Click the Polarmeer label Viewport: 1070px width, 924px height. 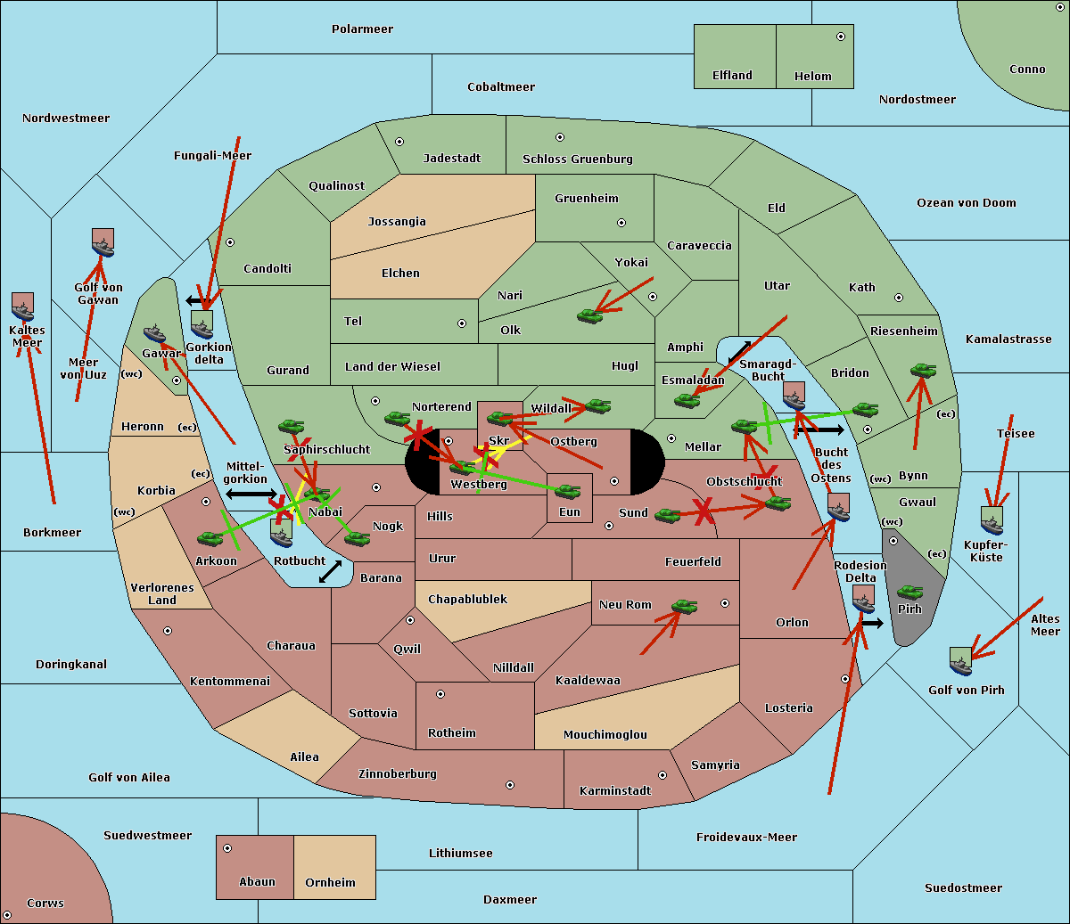[x=362, y=29]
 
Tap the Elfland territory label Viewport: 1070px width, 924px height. [x=732, y=76]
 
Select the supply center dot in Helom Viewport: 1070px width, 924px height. [x=840, y=37]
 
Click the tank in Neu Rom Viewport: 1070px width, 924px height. [x=684, y=607]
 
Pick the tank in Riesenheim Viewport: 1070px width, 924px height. [x=923, y=370]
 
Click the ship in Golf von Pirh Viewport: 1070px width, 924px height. [x=960, y=661]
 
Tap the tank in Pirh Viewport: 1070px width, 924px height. [x=909, y=592]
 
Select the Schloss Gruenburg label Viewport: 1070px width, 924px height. [x=577, y=159]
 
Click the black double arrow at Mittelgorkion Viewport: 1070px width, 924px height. [x=251, y=494]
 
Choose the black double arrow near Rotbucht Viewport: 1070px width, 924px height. [x=330, y=571]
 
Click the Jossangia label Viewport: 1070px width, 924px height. [x=397, y=222]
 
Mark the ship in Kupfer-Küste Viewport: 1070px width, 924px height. [x=992, y=520]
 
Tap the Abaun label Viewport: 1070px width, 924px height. [x=257, y=882]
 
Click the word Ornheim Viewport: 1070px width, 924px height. [x=330, y=883]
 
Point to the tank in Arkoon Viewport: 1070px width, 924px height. [x=210, y=538]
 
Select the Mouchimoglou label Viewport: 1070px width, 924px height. [x=605, y=735]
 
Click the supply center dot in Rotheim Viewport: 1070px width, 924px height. [x=440, y=694]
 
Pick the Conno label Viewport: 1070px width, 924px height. [x=1027, y=70]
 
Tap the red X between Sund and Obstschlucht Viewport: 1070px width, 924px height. [x=704, y=511]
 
